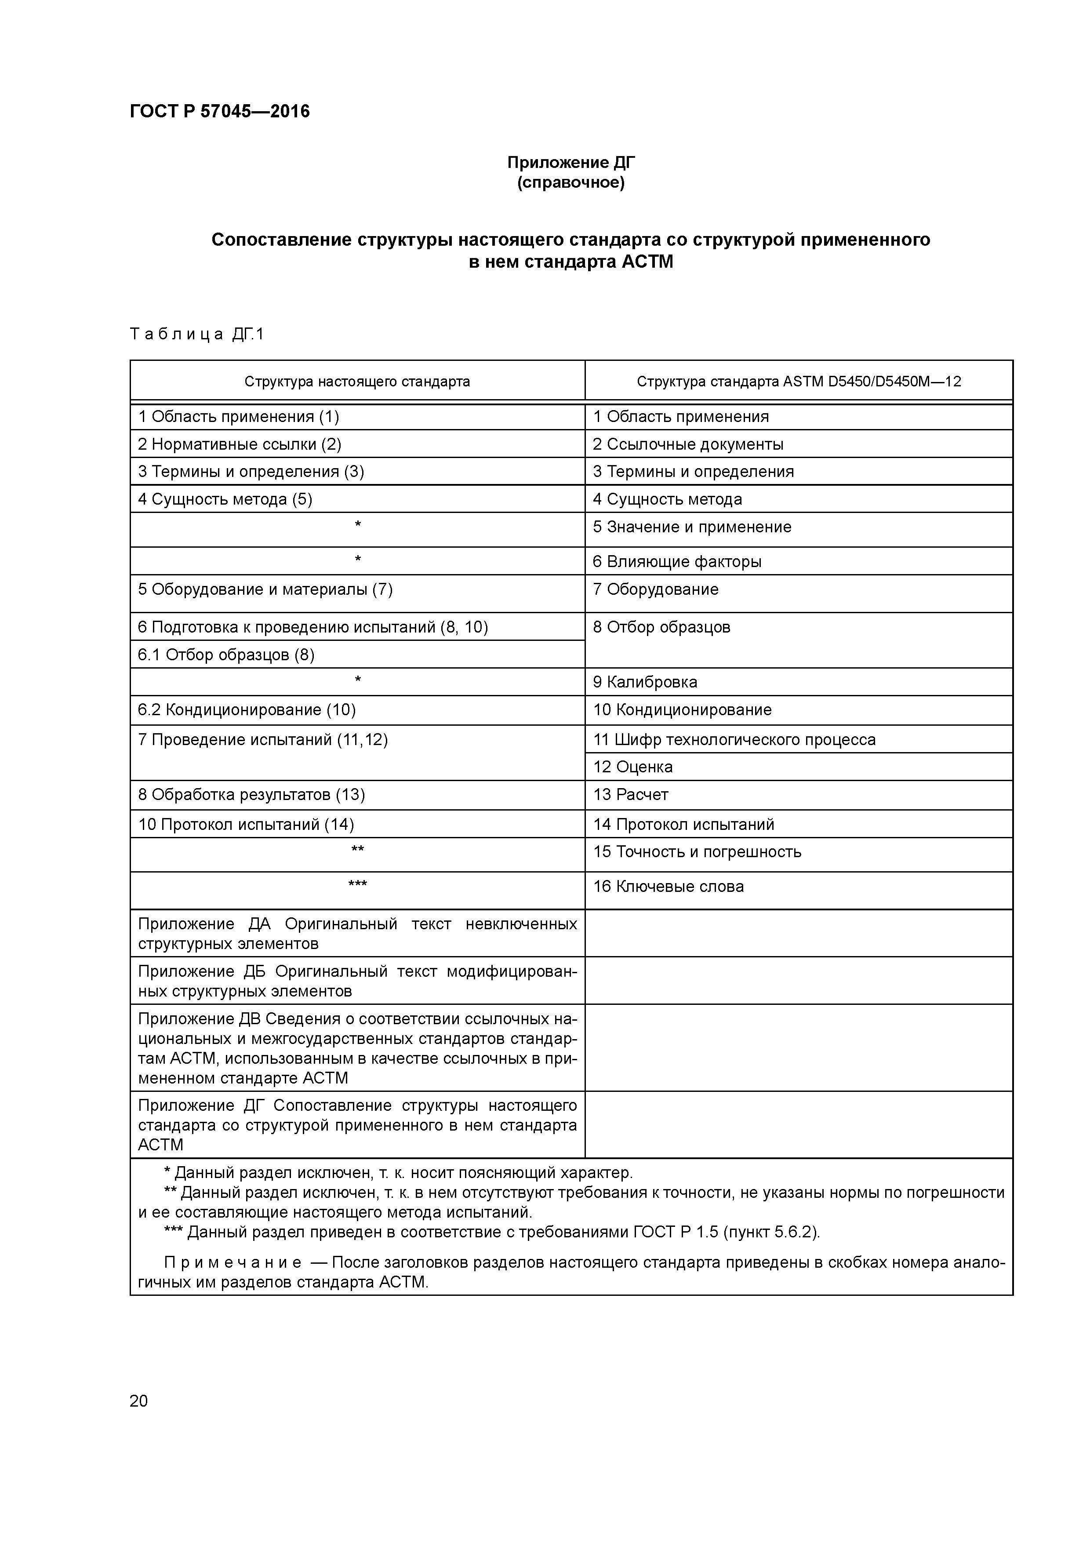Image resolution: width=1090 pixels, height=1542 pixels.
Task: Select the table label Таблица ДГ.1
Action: [197, 334]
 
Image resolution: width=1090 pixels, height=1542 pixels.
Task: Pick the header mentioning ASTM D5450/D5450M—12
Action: [799, 382]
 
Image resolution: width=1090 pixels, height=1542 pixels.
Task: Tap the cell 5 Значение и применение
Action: [692, 527]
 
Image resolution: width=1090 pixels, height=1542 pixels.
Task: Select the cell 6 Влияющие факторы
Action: [677, 561]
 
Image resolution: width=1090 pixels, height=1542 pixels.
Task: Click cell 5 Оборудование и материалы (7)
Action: [265, 589]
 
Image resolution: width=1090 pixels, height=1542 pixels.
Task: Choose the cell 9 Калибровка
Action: [645, 682]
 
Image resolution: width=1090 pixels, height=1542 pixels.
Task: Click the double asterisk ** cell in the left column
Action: [357, 850]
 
